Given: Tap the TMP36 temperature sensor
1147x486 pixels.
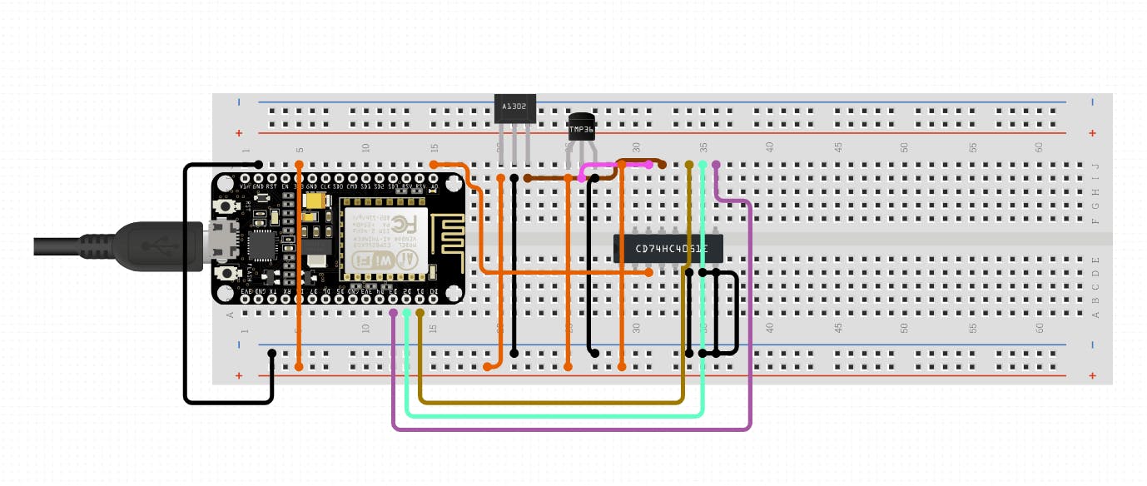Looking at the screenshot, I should click(x=581, y=127).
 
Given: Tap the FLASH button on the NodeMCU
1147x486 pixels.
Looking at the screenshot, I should click(x=225, y=274).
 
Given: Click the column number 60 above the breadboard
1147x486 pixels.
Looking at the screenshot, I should click(x=1039, y=147).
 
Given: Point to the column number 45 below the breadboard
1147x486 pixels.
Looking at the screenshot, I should click(x=838, y=330).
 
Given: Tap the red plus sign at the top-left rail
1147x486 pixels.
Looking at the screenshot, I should click(x=240, y=133).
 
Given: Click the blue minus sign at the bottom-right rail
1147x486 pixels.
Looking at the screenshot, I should click(x=1092, y=345).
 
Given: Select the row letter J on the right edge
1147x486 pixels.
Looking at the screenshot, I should click(x=1095, y=165).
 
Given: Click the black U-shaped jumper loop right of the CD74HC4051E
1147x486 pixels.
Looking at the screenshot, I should click(x=726, y=312).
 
